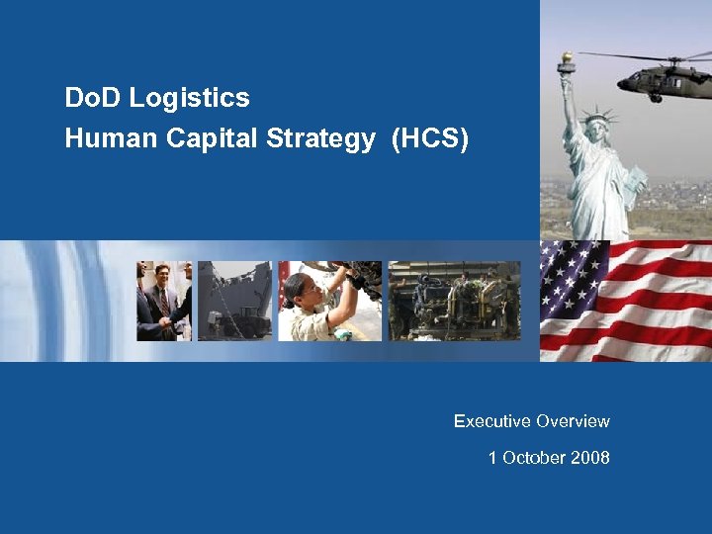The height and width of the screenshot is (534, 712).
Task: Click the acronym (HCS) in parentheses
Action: [x=430, y=139]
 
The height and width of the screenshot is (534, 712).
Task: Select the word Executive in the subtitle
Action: [x=492, y=421]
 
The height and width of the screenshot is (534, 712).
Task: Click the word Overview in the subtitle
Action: [x=573, y=421]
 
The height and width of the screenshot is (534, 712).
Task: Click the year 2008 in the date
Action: [x=590, y=458]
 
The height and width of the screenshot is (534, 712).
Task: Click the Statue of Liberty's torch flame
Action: [x=568, y=59]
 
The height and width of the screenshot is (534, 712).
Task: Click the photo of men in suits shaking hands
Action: [x=163, y=302]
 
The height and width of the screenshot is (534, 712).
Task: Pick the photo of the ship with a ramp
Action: [x=234, y=302]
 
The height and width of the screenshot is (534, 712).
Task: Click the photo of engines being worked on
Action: [x=454, y=302]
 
